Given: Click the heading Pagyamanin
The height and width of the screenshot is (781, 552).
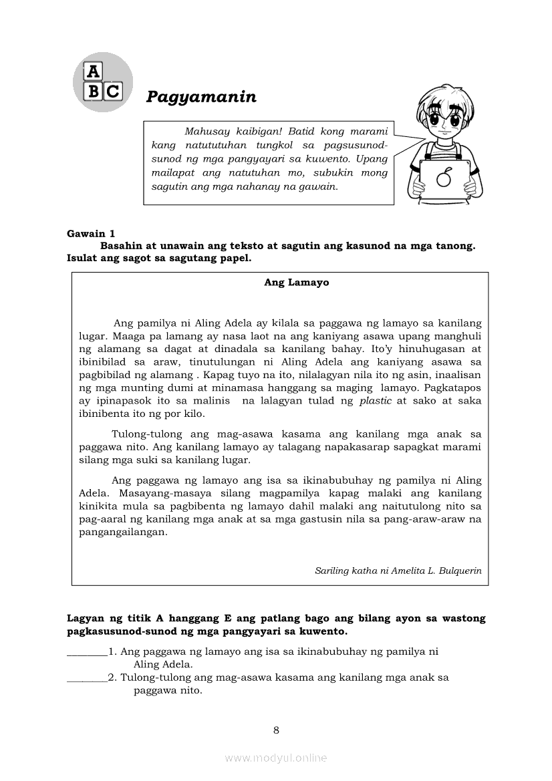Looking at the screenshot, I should click(x=201, y=97).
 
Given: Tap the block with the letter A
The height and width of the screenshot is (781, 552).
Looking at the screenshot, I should click(x=93, y=71).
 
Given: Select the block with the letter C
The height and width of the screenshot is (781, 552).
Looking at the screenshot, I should click(x=112, y=91).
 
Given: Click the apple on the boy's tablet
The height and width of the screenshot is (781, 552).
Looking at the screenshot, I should click(x=442, y=178).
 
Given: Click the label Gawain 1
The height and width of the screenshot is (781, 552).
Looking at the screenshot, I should click(x=91, y=233).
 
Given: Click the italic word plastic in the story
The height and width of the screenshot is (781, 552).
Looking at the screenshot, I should click(x=376, y=401).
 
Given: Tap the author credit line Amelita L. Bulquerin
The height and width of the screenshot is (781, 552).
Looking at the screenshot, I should click(x=398, y=571).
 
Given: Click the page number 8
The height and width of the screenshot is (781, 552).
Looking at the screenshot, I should click(x=276, y=730).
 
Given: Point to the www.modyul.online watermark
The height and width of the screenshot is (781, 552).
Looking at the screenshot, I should click(x=276, y=758).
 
